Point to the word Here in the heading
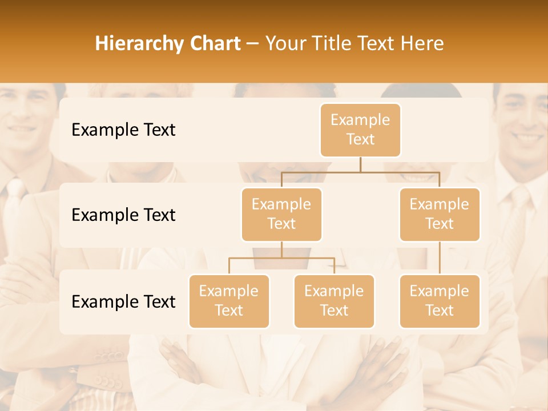click(x=422, y=43)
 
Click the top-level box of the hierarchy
click(x=360, y=130)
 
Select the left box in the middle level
click(x=281, y=214)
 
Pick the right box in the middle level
click(x=440, y=214)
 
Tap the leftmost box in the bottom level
click(x=229, y=301)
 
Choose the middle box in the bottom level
click(x=334, y=301)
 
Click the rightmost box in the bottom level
click(x=440, y=301)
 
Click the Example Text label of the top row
click(x=123, y=130)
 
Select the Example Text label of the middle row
click(x=123, y=215)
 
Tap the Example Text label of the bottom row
click(x=123, y=301)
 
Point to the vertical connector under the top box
click(x=360, y=164)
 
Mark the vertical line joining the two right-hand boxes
click(x=440, y=258)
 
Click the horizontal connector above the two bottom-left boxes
click(x=281, y=258)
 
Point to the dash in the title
click(x=253, y=44)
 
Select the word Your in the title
click(x=284, y=43)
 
